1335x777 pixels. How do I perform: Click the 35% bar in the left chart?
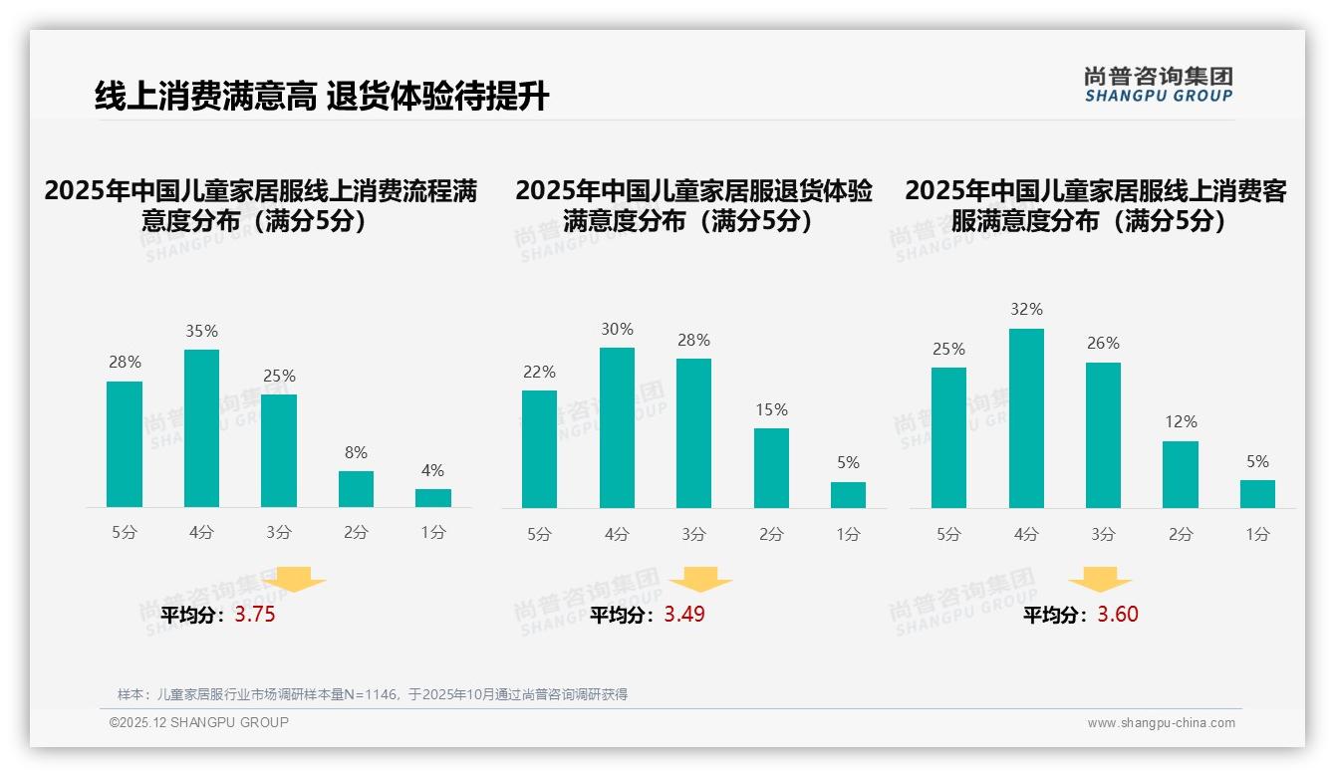[201, 428]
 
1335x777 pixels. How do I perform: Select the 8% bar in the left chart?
[356, 489]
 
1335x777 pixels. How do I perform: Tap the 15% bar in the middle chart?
[771, 468]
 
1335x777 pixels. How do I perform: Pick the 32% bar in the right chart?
[1026, 418]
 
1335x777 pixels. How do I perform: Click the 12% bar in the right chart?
[1181, 474]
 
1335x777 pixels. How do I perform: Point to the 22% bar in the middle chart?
[539, 449]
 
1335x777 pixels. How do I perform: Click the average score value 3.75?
[255, 615]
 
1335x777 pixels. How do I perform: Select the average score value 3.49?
[684, 615]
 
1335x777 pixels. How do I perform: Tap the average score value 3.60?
[1118, 615]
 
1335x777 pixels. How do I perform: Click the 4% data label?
[432, 471]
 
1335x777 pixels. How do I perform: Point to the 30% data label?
[617, 330]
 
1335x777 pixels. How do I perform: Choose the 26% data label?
[1103, 344]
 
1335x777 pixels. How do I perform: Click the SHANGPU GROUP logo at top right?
[1158, 85]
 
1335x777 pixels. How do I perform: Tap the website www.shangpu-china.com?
[1161, 723]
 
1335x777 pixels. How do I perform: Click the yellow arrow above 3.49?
[701, 580]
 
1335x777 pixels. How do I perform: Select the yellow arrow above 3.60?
[1100, 580]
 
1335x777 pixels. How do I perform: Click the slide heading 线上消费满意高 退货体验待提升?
[321, 97]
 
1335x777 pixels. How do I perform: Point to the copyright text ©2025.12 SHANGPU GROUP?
[199, 722]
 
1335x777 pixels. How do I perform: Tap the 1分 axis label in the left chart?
[433, 533]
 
